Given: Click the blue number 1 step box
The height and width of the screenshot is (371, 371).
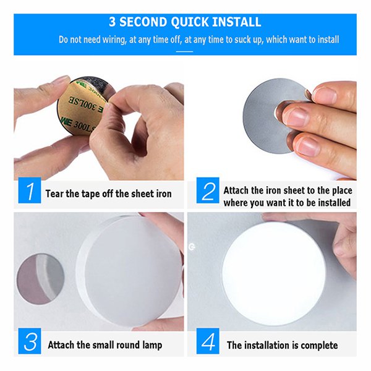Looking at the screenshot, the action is tap(30, 190).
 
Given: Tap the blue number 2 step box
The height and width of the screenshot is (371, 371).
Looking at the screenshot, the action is tap(208, 190).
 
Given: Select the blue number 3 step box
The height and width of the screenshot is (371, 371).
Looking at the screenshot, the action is tap(30, 341).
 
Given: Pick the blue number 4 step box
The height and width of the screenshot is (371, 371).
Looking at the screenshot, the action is tap(208, 341).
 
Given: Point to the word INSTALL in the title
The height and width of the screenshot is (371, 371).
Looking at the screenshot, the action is tap(237, 22).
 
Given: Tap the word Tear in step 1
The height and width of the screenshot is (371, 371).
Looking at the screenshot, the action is tap(54, 194).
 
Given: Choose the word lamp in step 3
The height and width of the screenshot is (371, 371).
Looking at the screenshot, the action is tap(152, 345).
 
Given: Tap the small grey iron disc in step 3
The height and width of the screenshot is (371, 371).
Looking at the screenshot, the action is tap(40, 279).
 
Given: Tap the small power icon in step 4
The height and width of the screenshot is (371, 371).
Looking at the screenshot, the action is tap(192, 247).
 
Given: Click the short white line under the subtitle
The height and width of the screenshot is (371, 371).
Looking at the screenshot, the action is tap(184, 51).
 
